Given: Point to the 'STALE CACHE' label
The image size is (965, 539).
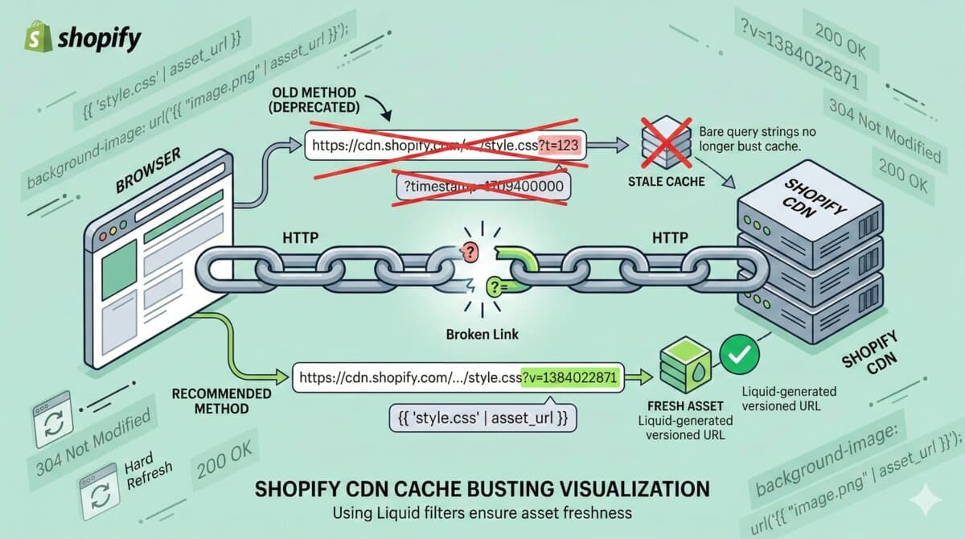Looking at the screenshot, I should pyautogui.click(x=666, y=182).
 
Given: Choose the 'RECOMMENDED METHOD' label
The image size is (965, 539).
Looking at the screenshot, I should pyautogui.click(x=222, y=401).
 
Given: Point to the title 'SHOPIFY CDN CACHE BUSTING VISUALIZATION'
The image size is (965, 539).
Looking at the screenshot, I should pyautogui.click(x=482, y=488).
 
